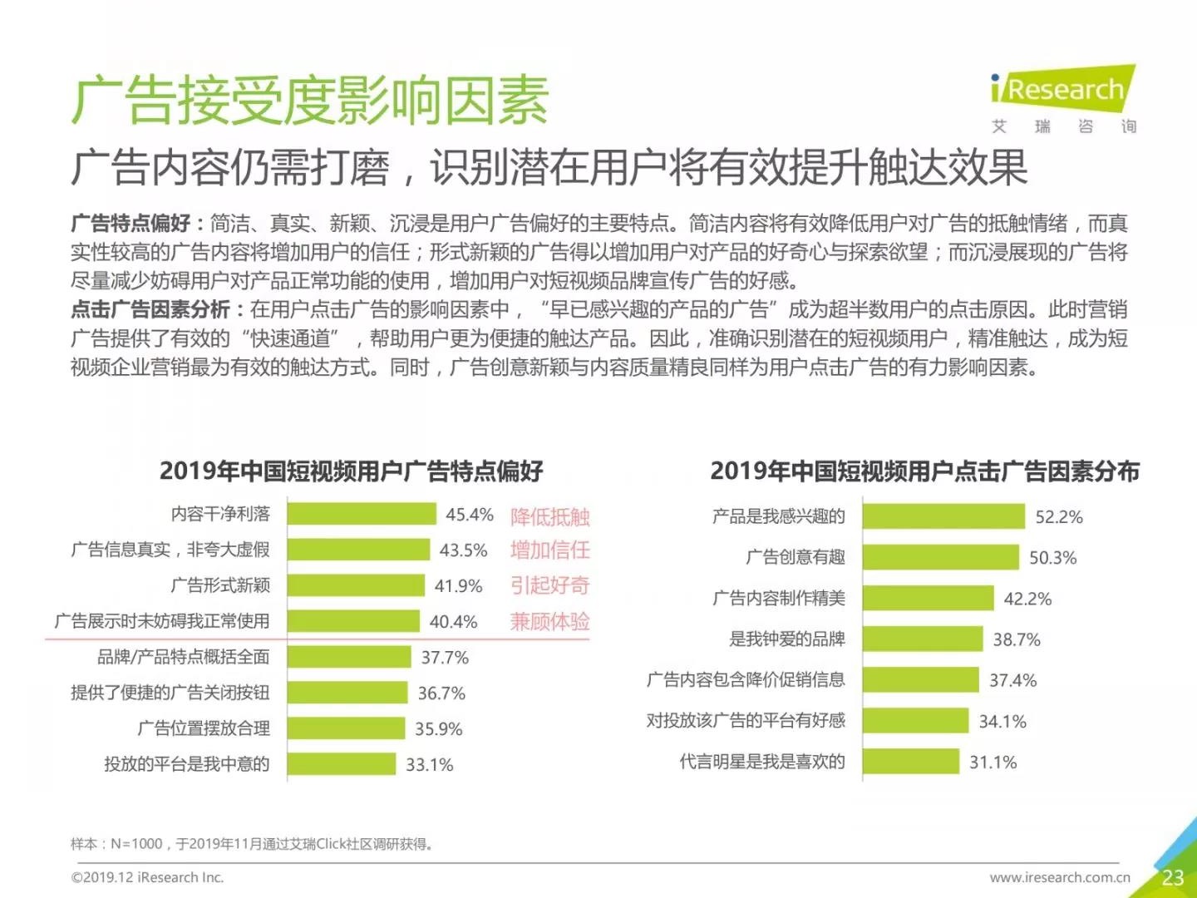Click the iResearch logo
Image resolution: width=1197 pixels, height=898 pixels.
[1062, 90]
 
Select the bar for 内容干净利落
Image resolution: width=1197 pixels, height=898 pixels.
[362, 514]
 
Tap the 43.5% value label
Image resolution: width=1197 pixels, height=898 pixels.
[463, 550]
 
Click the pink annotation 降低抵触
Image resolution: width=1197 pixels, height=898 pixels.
[549, 516]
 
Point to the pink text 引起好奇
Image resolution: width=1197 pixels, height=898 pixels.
[549, 585]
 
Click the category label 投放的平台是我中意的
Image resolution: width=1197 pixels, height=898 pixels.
[186, 764]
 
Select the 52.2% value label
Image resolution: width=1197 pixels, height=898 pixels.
[1059, 517]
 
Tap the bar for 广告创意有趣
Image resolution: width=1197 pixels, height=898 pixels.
[940, 557]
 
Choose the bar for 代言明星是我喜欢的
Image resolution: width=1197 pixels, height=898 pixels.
[910, 762]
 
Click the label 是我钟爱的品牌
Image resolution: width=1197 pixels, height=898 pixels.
[786, 639]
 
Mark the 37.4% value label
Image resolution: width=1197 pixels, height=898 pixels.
[1012, 680]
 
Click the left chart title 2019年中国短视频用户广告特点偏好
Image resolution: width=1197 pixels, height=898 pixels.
[351, 471]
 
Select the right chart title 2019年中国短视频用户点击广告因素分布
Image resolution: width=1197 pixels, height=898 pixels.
[924, 471]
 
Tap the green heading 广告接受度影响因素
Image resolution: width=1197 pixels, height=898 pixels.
[309, 101]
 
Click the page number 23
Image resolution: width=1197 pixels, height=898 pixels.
[1173, 877]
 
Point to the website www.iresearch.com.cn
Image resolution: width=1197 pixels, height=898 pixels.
[1060, 877]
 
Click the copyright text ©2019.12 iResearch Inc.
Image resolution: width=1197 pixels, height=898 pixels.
[148, 877]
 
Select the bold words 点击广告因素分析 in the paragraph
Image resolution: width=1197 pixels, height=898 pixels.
[150, 310]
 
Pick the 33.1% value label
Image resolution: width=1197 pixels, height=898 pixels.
[429, 765]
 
